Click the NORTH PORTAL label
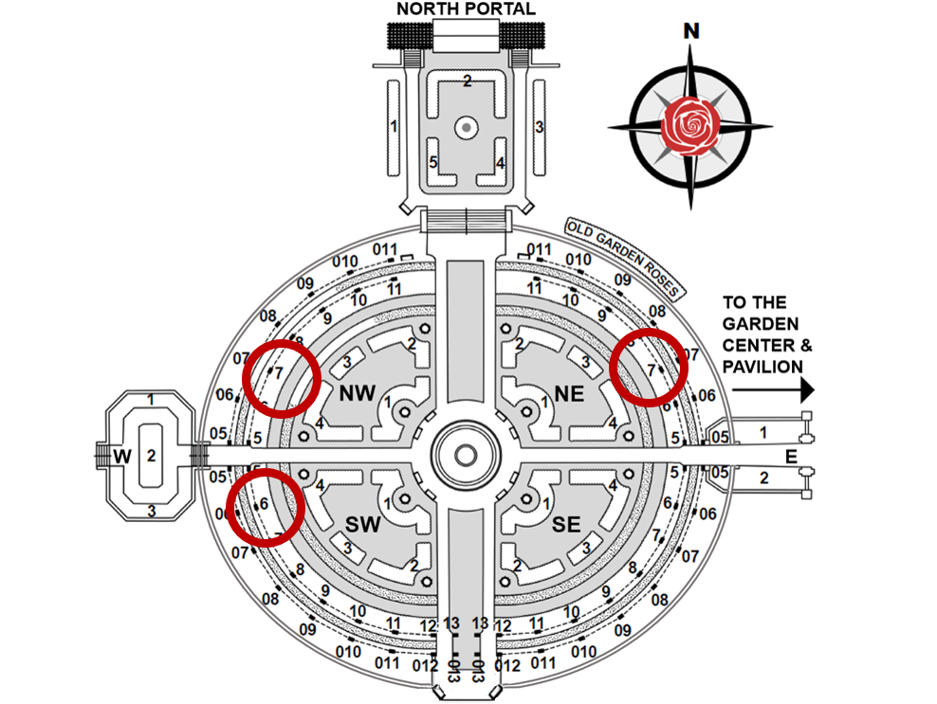(x=466, y=9)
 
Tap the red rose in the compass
(x=691, y=126)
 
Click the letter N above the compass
(x=692, y=31)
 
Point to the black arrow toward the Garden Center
(x=769, y=389)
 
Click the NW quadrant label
(x=358, y=393)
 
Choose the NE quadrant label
(x=569, y=393)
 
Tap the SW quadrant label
(x=362, y=524)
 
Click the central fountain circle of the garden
(x=466, y=455)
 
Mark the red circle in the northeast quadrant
(x=649, y=367)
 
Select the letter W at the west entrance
(x=121, y=456)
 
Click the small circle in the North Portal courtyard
(x=467, y=126)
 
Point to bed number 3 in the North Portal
(x=539, y=126)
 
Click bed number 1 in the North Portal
(x=393, y=126)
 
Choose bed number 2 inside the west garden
(x=150, y=456)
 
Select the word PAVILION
(x=762, y=366)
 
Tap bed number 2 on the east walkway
(x=764, y=478)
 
